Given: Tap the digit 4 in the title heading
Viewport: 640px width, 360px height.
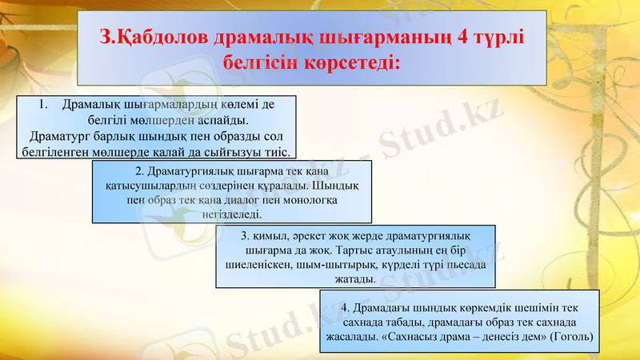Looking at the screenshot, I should click(458, 37).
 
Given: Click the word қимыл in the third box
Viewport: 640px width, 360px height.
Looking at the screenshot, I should click(269, 236).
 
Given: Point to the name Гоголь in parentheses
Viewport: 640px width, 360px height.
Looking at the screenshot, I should click(570, 337).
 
